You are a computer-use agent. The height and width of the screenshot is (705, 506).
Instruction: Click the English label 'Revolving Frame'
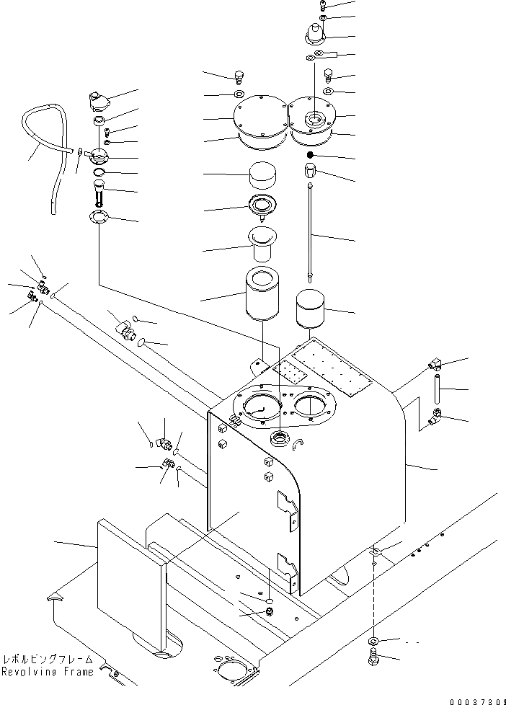[47, 672]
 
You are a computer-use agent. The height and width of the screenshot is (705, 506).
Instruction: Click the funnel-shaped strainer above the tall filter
[264, 244]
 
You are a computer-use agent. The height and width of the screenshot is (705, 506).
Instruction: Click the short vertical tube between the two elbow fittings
[438, 389]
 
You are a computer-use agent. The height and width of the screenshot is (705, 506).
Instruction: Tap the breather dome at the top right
[315, 32]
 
